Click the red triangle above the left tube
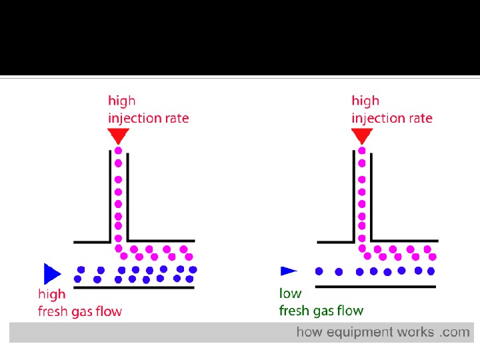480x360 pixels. coord(119,136)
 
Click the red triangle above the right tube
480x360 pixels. coord(362,136)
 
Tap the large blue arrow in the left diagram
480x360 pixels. coord(51,273)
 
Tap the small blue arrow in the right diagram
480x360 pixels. coord(288,271)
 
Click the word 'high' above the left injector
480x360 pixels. coord(122,101)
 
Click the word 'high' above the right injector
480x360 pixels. coord(365,101)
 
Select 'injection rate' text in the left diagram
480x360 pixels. coord(149,119)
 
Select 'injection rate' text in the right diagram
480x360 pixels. coord(392,119)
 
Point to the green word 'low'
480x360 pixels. coord(290,293)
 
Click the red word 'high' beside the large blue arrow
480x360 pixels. coord(51,294)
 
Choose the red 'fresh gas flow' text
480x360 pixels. coord(80,311)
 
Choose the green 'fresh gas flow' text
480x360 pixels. coord(321,311)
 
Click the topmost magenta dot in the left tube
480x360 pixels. coord(119,151)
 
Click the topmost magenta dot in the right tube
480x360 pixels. coord(362,151)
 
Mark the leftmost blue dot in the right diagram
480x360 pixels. coord(319,271)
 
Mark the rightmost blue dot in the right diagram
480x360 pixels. coord(431,271)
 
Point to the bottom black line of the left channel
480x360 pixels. coord(133,288)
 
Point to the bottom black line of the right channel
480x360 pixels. coord(375,287)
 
